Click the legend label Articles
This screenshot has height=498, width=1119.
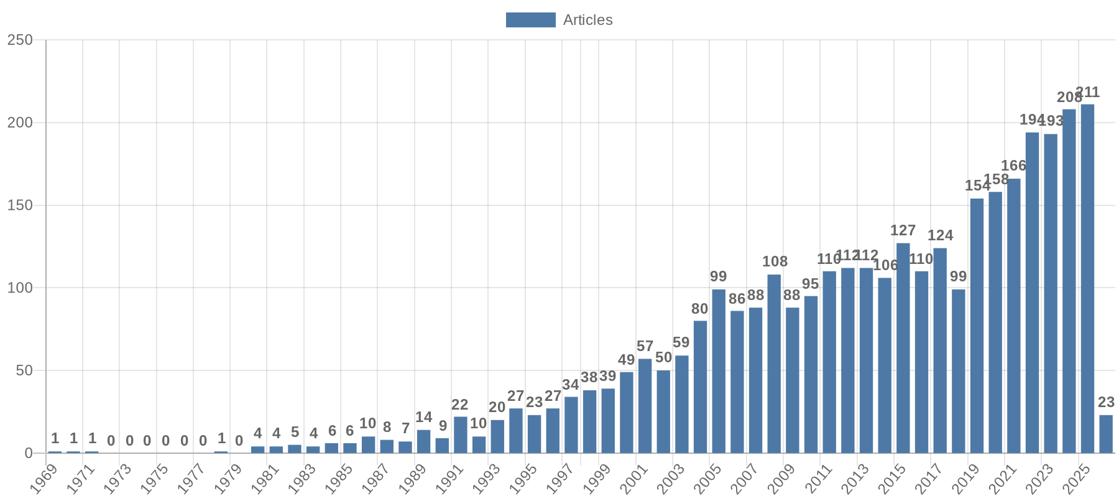[x=587, y=20]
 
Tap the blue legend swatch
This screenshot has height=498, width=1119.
[x=530, y=20]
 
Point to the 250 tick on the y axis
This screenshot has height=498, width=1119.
[x=20, y=40]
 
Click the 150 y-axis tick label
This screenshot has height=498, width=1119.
[x=20, y=205]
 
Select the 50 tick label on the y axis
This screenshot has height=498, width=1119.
[x=24, y=371]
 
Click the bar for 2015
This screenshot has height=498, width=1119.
[x=903, y=348]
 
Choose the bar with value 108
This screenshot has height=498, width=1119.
[x=774, y=364]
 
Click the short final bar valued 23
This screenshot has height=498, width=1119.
[x=1106, y=434]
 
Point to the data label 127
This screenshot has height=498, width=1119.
[x=903, y=231]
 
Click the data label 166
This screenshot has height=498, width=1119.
[x=1013, y=166]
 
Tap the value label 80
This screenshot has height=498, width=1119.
[x=700, y=309]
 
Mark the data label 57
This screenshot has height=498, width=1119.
[x=645, y=347]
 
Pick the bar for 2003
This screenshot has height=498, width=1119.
[x=681, y=404]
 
